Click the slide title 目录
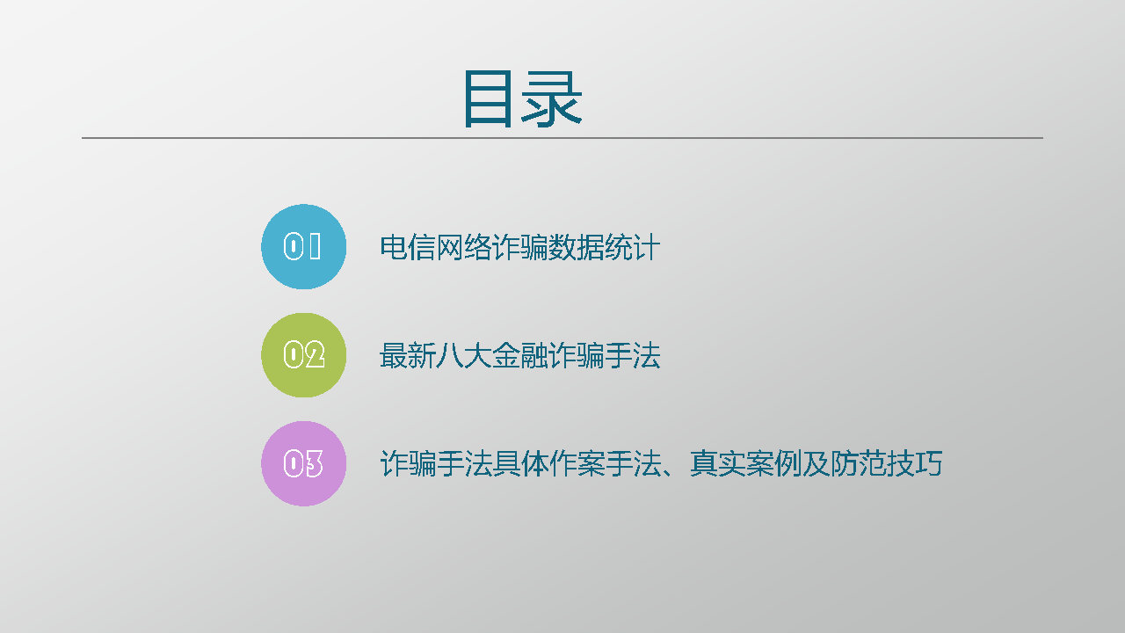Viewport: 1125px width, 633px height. coord(522,98)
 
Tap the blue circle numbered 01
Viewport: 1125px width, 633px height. coord(303,247)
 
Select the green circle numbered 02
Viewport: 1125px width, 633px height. coord(303,355)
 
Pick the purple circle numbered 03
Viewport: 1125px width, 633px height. coord(303,463)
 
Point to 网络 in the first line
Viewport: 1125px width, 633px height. coord(463,247)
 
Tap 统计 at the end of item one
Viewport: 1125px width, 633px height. coord(632,247)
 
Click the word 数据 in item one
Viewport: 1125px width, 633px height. coord(576,247)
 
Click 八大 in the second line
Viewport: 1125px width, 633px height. coord(463,356)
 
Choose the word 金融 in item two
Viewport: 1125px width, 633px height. coord(519,356)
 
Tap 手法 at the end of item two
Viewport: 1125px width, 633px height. coord(632,356)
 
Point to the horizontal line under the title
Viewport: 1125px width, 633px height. coord(562,138)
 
